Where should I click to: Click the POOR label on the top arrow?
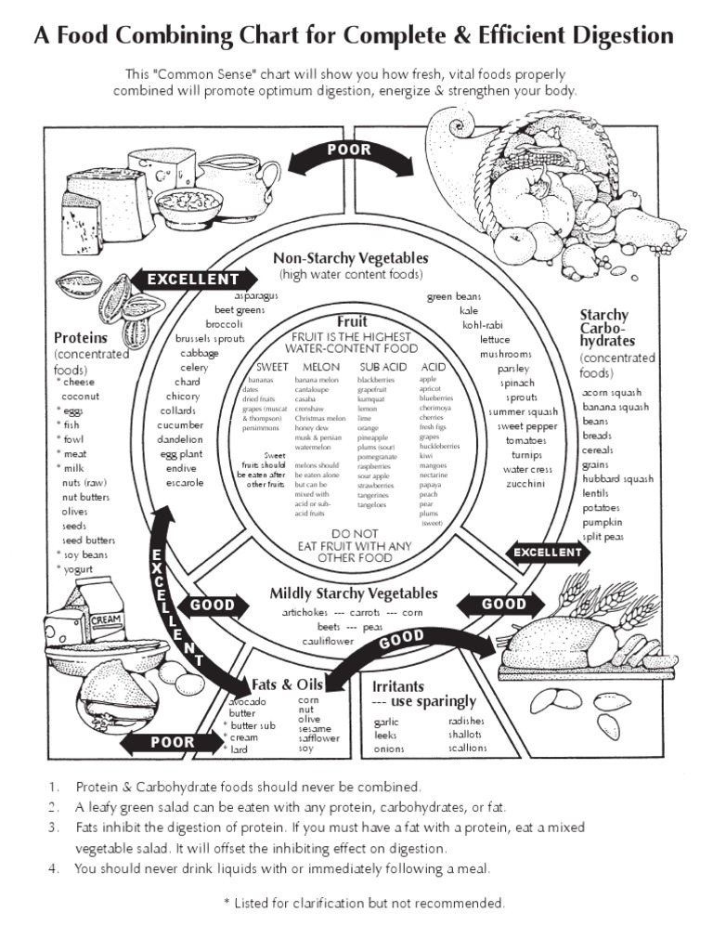(x=349, y=150)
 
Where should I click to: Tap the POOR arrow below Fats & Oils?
(x=173, y=742)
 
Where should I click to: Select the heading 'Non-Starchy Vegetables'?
(x=350, y=258)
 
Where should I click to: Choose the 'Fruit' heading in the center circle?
(x=352, y=321)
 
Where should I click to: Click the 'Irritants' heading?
(x=398, y=686)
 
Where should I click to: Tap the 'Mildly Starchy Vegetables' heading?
(x=353, y=593)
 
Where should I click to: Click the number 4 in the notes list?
(x=54, y=868)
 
